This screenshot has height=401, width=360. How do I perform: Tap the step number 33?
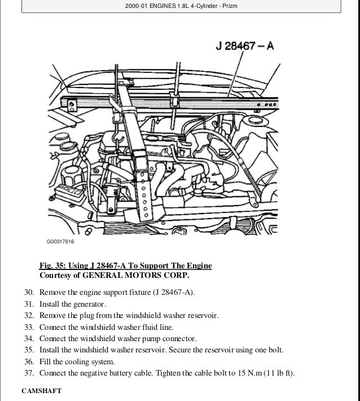(29, 327)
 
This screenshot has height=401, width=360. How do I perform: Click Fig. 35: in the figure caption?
(54, 265)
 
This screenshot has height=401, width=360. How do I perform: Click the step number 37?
(29, 373)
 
